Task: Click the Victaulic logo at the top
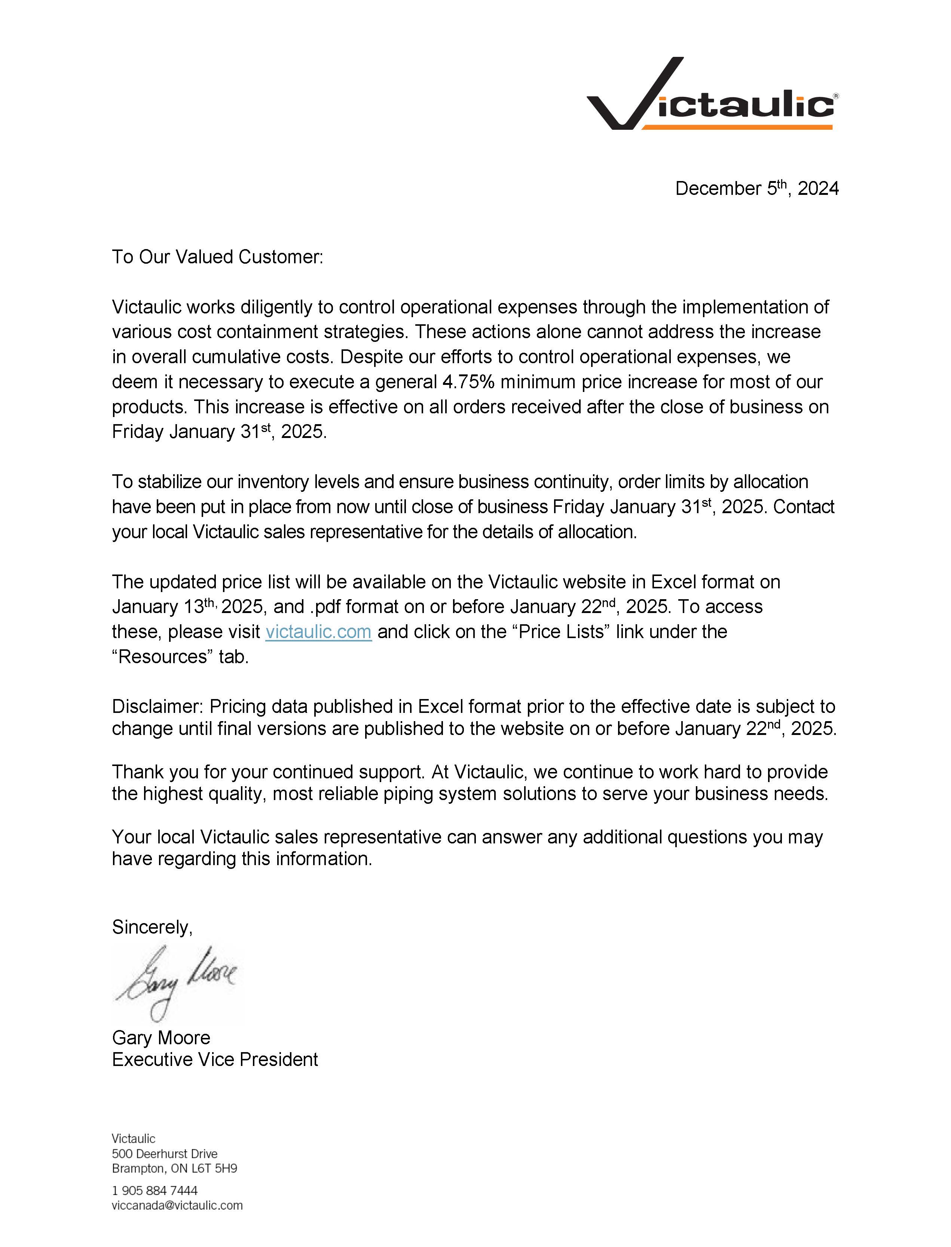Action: [x=712, y=95]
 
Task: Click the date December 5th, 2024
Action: [x=756, y=189]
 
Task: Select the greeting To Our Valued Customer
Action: [x=217, y=257]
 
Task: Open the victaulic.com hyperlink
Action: [x=318, y=631]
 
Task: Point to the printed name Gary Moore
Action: [x=161, y=1037]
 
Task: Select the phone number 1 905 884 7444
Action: [x=155, y=1191]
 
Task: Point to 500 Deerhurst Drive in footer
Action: [x=165, y=1153]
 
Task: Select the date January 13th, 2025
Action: [x=187, y=607]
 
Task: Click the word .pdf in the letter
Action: [x=325, y=607]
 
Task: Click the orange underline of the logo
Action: [x=736, y=127]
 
